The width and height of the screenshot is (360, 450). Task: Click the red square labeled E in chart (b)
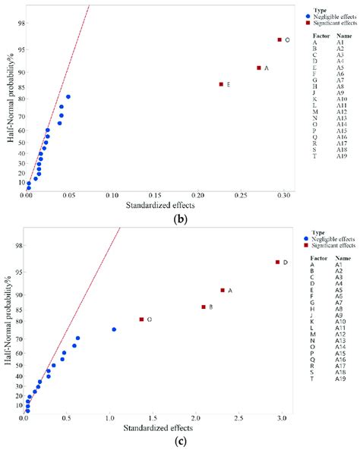click(221, 84)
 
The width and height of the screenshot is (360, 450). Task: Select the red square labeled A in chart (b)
click(258, 68)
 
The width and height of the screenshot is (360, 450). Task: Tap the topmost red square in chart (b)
click(279, 39)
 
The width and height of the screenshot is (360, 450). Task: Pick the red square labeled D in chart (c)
click(277, 262)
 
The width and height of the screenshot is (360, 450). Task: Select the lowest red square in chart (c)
click(142, 319)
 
